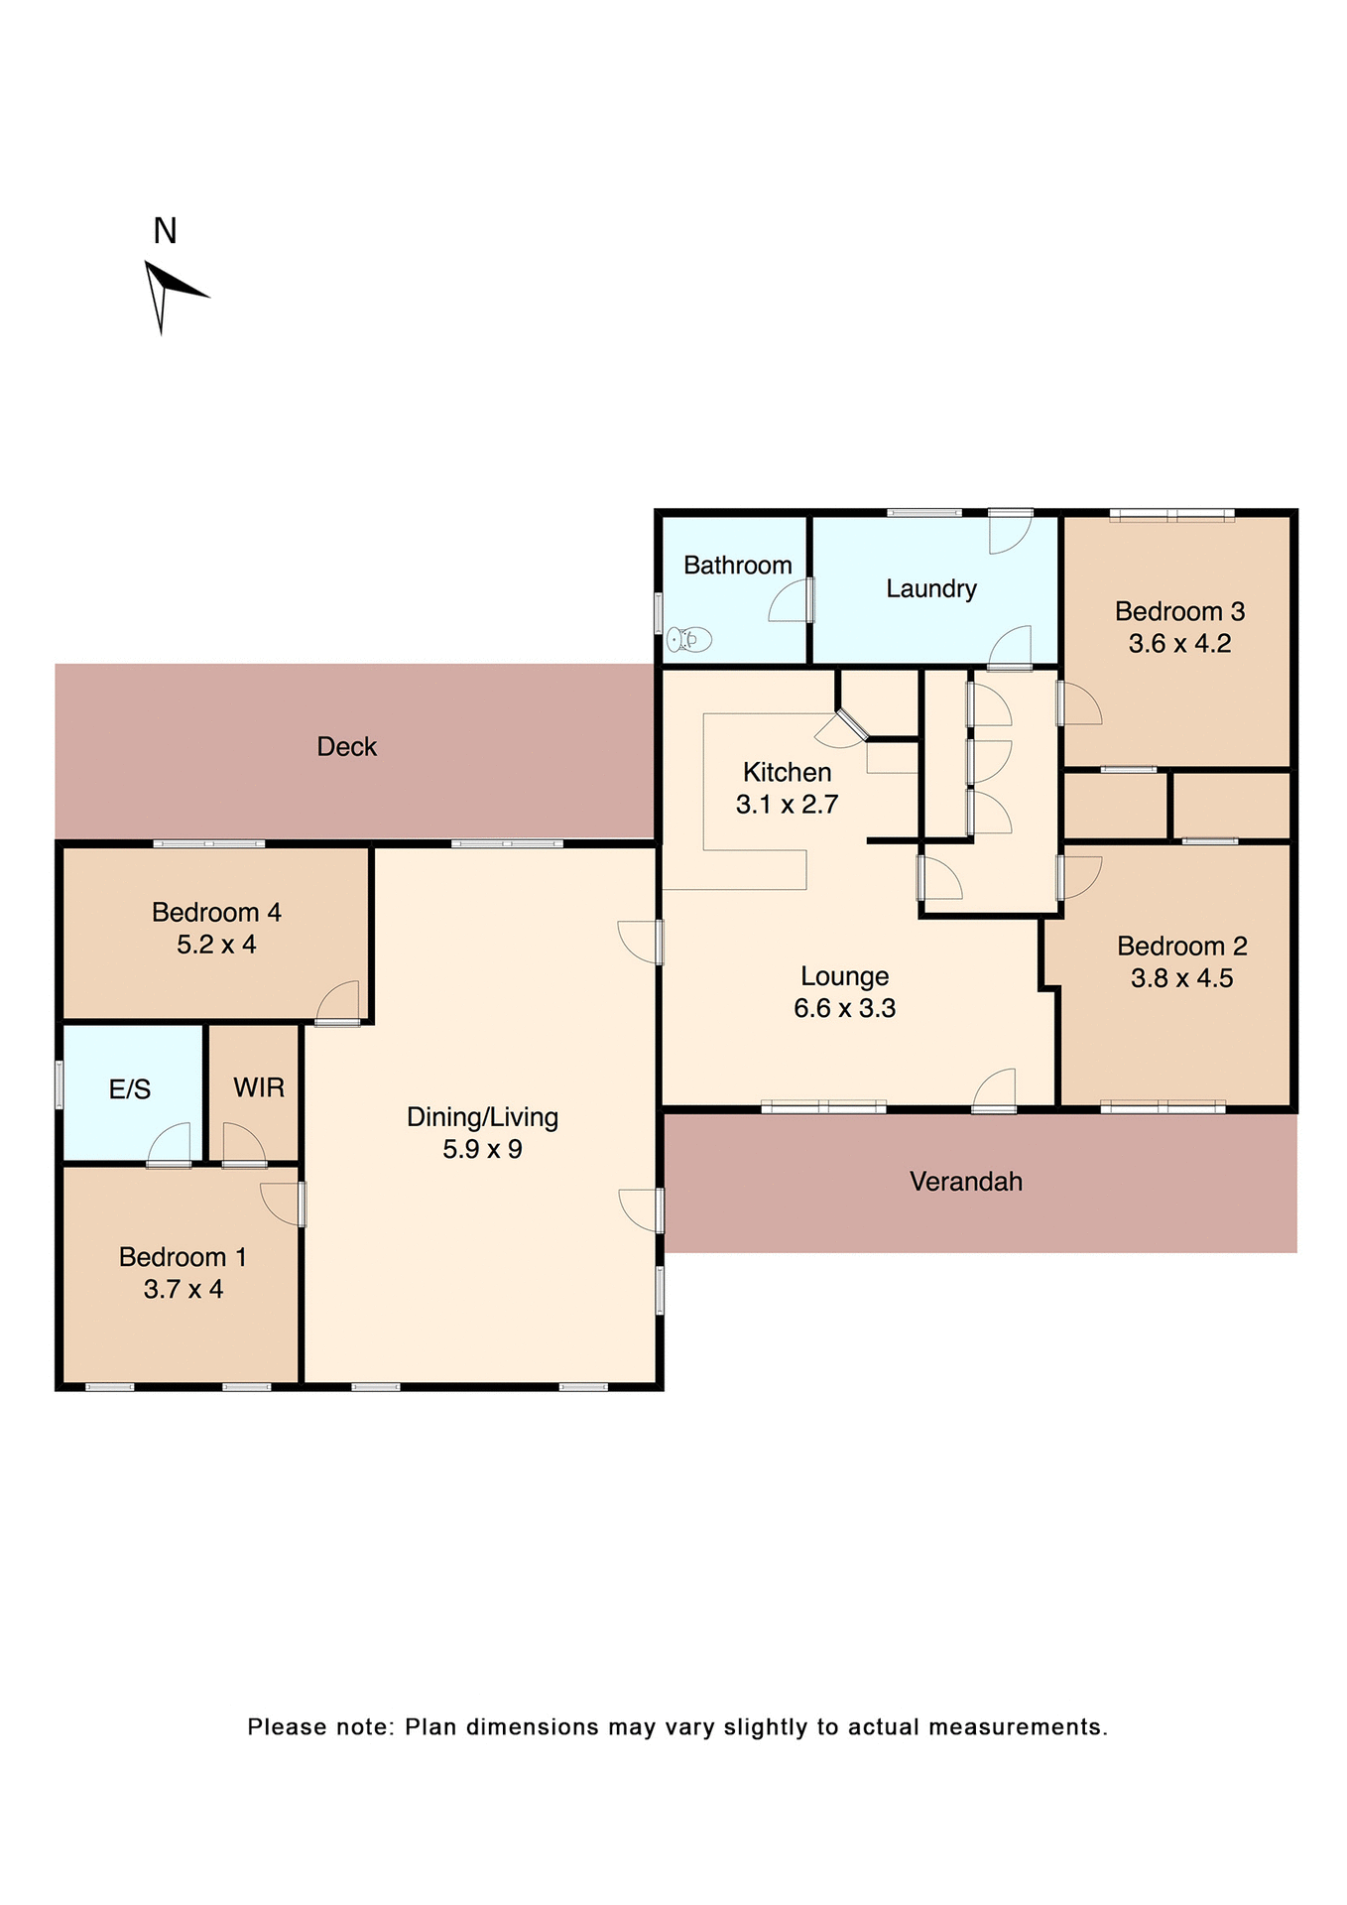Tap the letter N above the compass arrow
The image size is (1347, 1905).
(165, 231)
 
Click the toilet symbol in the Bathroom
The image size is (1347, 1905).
(689, 640)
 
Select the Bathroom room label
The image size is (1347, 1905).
(737, 566)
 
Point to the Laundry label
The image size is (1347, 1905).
(930, 589)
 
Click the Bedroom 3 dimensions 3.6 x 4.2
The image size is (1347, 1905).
(1179, 644)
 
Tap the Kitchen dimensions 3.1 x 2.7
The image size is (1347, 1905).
(787, 805)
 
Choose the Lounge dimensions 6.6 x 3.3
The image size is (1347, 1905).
(844, 1009)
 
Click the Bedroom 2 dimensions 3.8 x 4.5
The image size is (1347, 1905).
(1181, 979)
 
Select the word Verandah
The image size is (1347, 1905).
(965, 1182)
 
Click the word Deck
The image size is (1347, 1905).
(346, 747)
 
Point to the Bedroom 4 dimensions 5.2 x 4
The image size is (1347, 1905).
(216, 946)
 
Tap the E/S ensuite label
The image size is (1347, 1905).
(130, 1090)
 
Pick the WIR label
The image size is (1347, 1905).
(259, 1088)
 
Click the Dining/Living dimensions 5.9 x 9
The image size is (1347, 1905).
(482, 1150)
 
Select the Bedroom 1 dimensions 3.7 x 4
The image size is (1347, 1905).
(183, 1290)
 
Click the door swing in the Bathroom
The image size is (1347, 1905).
(791, 602)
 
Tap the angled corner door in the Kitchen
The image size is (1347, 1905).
(841, 729)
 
